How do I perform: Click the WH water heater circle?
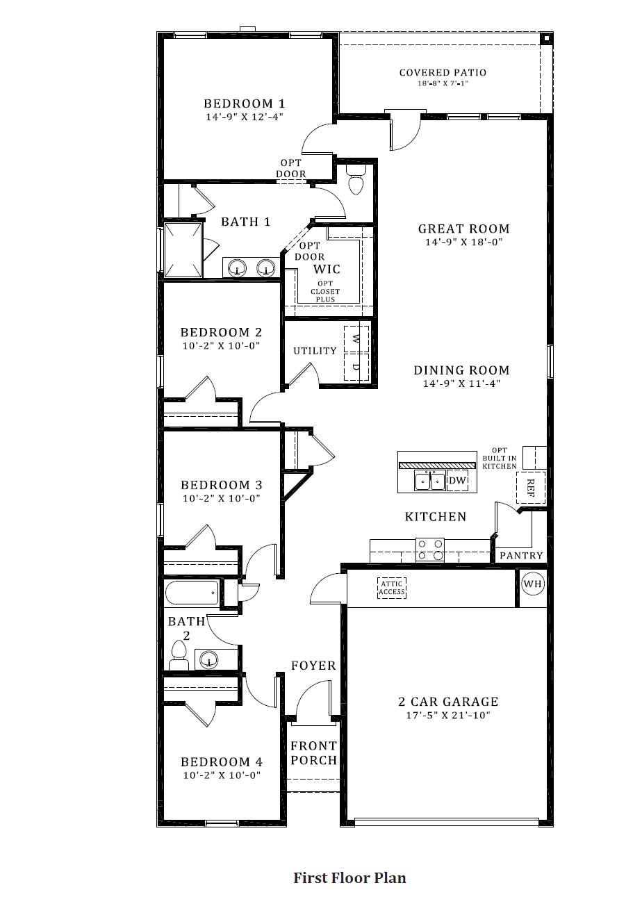pyautogui.click(x=532, y=584)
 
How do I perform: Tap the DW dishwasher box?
pyautogui.click(x=457, y=481)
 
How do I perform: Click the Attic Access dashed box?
pyautogui.click(x=391, y=588)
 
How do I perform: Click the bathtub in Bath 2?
pyautogui.click(x=192, y=593)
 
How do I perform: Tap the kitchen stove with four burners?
pyautogui.click(x=429, y=550)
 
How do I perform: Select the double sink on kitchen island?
pyautogui.click(x=429, y=481)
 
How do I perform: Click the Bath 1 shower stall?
pyautogui.click(x=183, y=249)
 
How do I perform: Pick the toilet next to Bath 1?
pyautogui.click(x=356, y=179)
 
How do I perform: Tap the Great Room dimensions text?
pyautogui.click(x=463, y=242)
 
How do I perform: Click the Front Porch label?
pyautogui.click(x=313, y=753)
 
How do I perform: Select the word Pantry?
pyautogui.click(x=521, y=556)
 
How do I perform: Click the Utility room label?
pyautogui.click(x=315, y=351)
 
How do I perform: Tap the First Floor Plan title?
pyautogui.click(x=349, y=877)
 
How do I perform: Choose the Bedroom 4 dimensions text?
pyautogui.click(x=222, y=775)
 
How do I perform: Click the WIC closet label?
pyautogui.click(x=327, y=268)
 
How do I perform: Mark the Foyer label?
pyautogui.click(x=313, y=666)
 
